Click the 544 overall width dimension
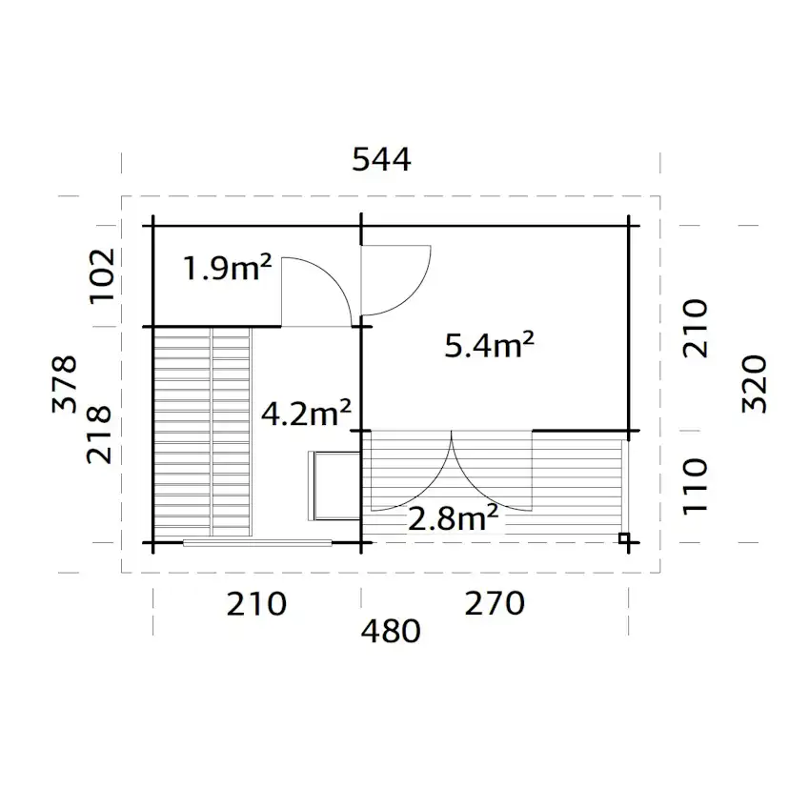coord(381,160)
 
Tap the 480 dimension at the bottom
coord(391,631)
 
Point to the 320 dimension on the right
coord(753,383)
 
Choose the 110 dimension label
coord(696,484)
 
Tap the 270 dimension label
coord(494,603)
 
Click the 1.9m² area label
coord(228,270)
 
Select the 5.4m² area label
coord(489,345)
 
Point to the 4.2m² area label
coord(306,413)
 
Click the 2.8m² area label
coord(454,518)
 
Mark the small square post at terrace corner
coord(624,539)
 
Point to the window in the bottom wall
coord(257,544)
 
